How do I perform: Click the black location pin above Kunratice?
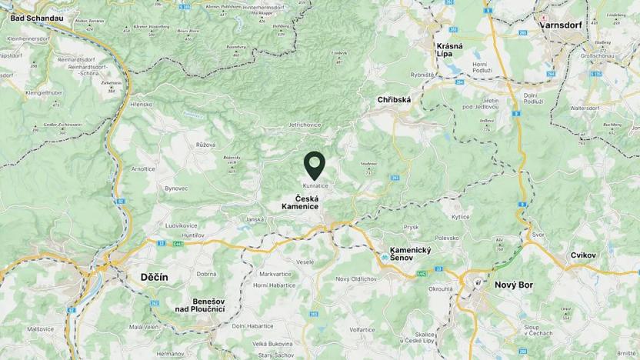point(315,165)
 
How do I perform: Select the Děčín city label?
point(155,277)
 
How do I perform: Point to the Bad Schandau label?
point(37,16)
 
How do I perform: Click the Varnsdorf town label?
point(561,24)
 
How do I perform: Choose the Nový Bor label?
point(514,284)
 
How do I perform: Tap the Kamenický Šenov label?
point(411,255)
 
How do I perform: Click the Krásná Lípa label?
point(449,50)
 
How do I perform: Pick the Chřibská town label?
point(394,100)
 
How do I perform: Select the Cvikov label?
point(584,255)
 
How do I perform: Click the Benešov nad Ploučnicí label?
point(199,305)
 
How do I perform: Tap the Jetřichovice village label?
point(288,124)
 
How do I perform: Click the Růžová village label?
point(205,145)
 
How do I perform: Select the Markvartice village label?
point(275,274)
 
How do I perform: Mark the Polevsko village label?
point(447,239)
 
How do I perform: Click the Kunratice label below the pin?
point(315,185)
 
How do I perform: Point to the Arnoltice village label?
point(143,168)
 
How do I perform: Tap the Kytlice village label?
point(460,218)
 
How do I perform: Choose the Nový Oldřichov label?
point(355,278)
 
